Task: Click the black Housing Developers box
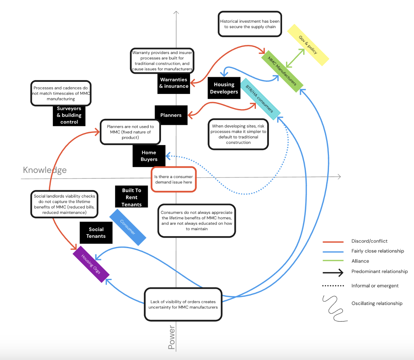click(x=224, y=88)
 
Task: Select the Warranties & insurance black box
click(x=174, y=83)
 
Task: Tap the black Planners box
click(x=171, y=115)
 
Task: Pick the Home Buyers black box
click(x=149, y=156)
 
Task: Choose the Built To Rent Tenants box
click(x=132, y=197)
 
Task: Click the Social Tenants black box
click(x=96, y=233)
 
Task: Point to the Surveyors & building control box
click(x=69, y=115)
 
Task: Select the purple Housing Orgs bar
click(x=91, y=264)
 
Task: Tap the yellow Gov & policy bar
click(x=308, y=45)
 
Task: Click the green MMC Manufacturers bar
click(x=282, y=71)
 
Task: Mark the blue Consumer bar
click(x=128, y=227)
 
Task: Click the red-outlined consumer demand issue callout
click(x=173, y=179)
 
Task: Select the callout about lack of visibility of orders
click(x=183, y=304)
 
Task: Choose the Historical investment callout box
click(x=250, y=24)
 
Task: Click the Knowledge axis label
click(x=45, y=170)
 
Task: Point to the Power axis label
click(x=172, y=337)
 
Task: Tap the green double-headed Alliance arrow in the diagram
click(x=295, y=58)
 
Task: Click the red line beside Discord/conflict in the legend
click(x=333, y=242)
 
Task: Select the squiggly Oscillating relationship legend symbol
click(x=334, y=308)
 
